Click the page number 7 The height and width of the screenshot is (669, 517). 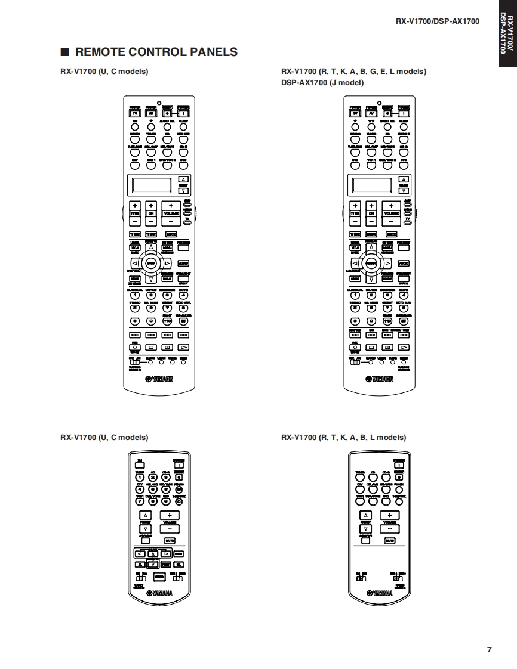coord(489,649)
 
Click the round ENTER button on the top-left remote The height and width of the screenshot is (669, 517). coord(151,263)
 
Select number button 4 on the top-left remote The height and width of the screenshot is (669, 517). coord(183,295)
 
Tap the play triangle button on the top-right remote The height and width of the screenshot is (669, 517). coord(404,346)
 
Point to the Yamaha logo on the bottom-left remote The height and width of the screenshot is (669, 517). coord(159,593)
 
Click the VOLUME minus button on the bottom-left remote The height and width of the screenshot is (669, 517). coord(170,528)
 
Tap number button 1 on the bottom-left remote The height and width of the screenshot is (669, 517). coord(139,476)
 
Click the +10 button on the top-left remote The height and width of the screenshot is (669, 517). coord(168,321)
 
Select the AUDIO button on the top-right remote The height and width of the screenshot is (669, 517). coord(404,263)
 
